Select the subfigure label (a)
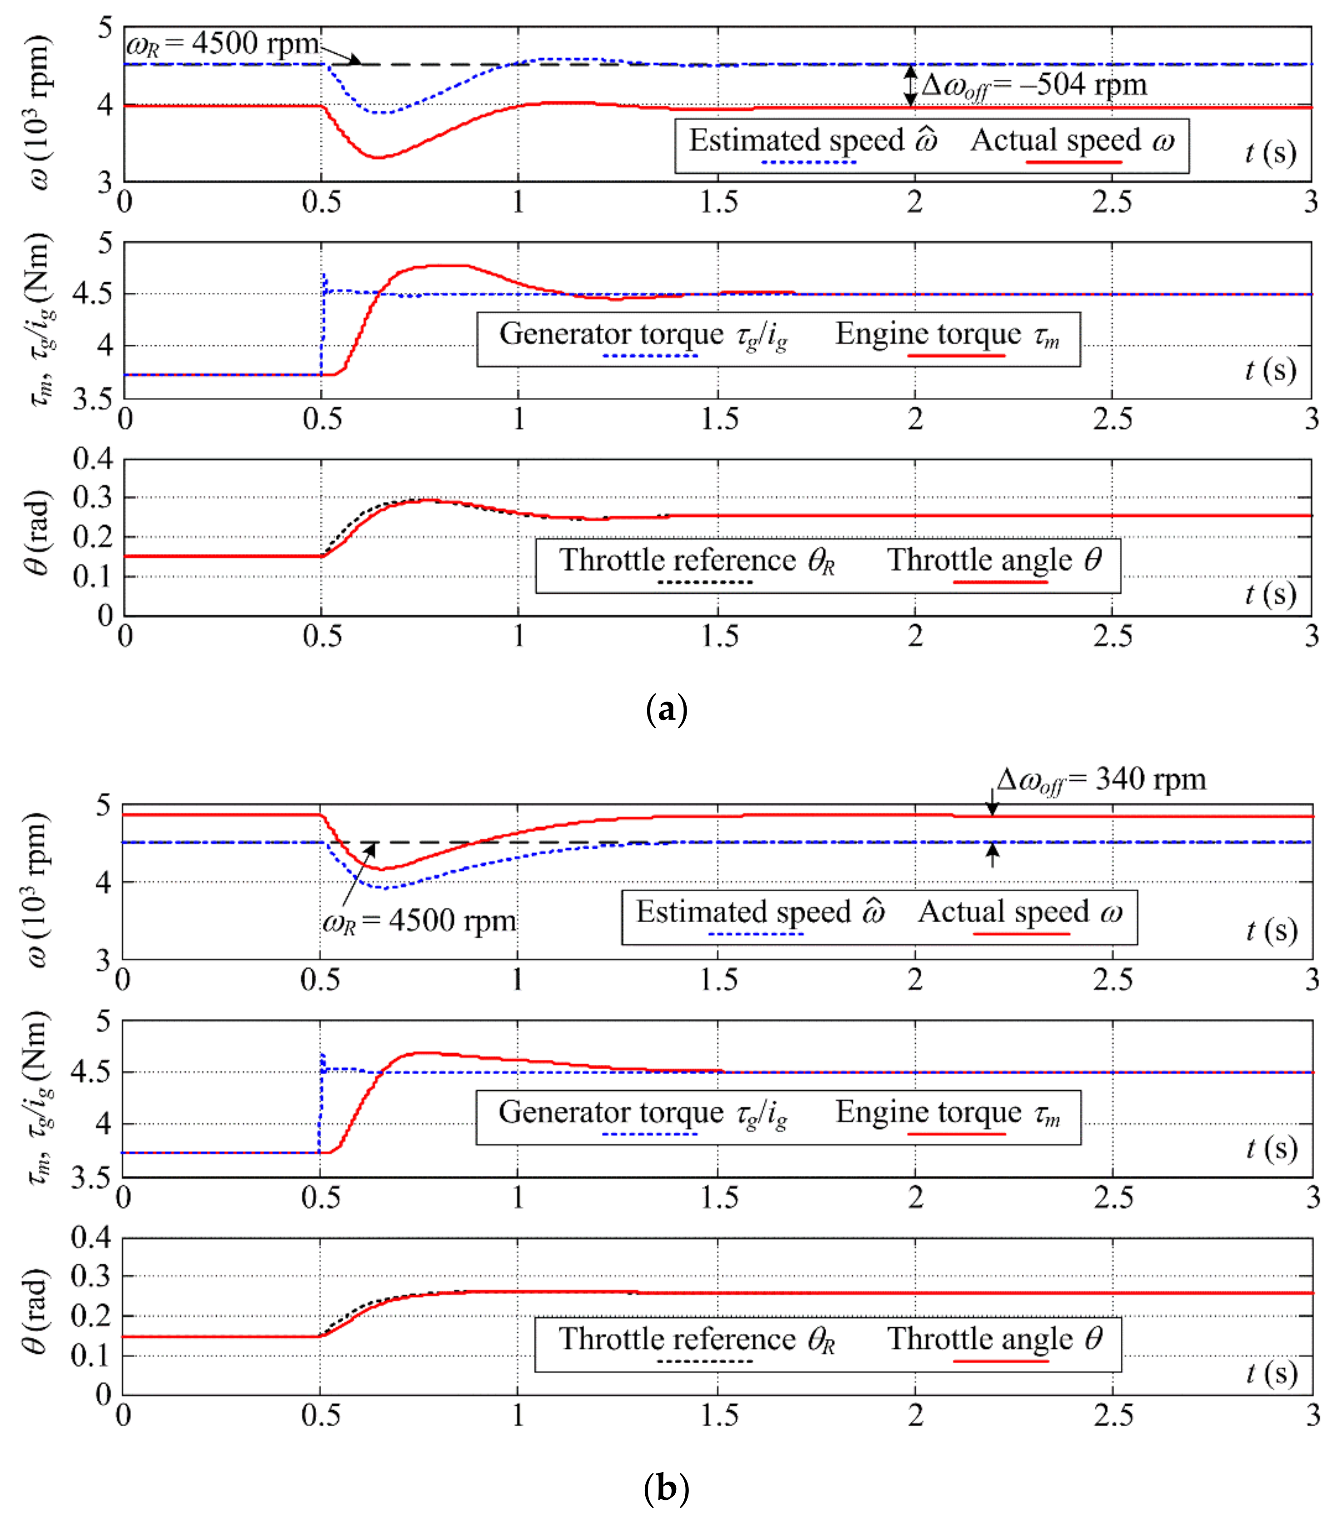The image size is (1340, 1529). coord(666,709)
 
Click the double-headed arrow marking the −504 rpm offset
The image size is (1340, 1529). coord(910,85)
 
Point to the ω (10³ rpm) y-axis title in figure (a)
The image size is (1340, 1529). coord(39,111)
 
